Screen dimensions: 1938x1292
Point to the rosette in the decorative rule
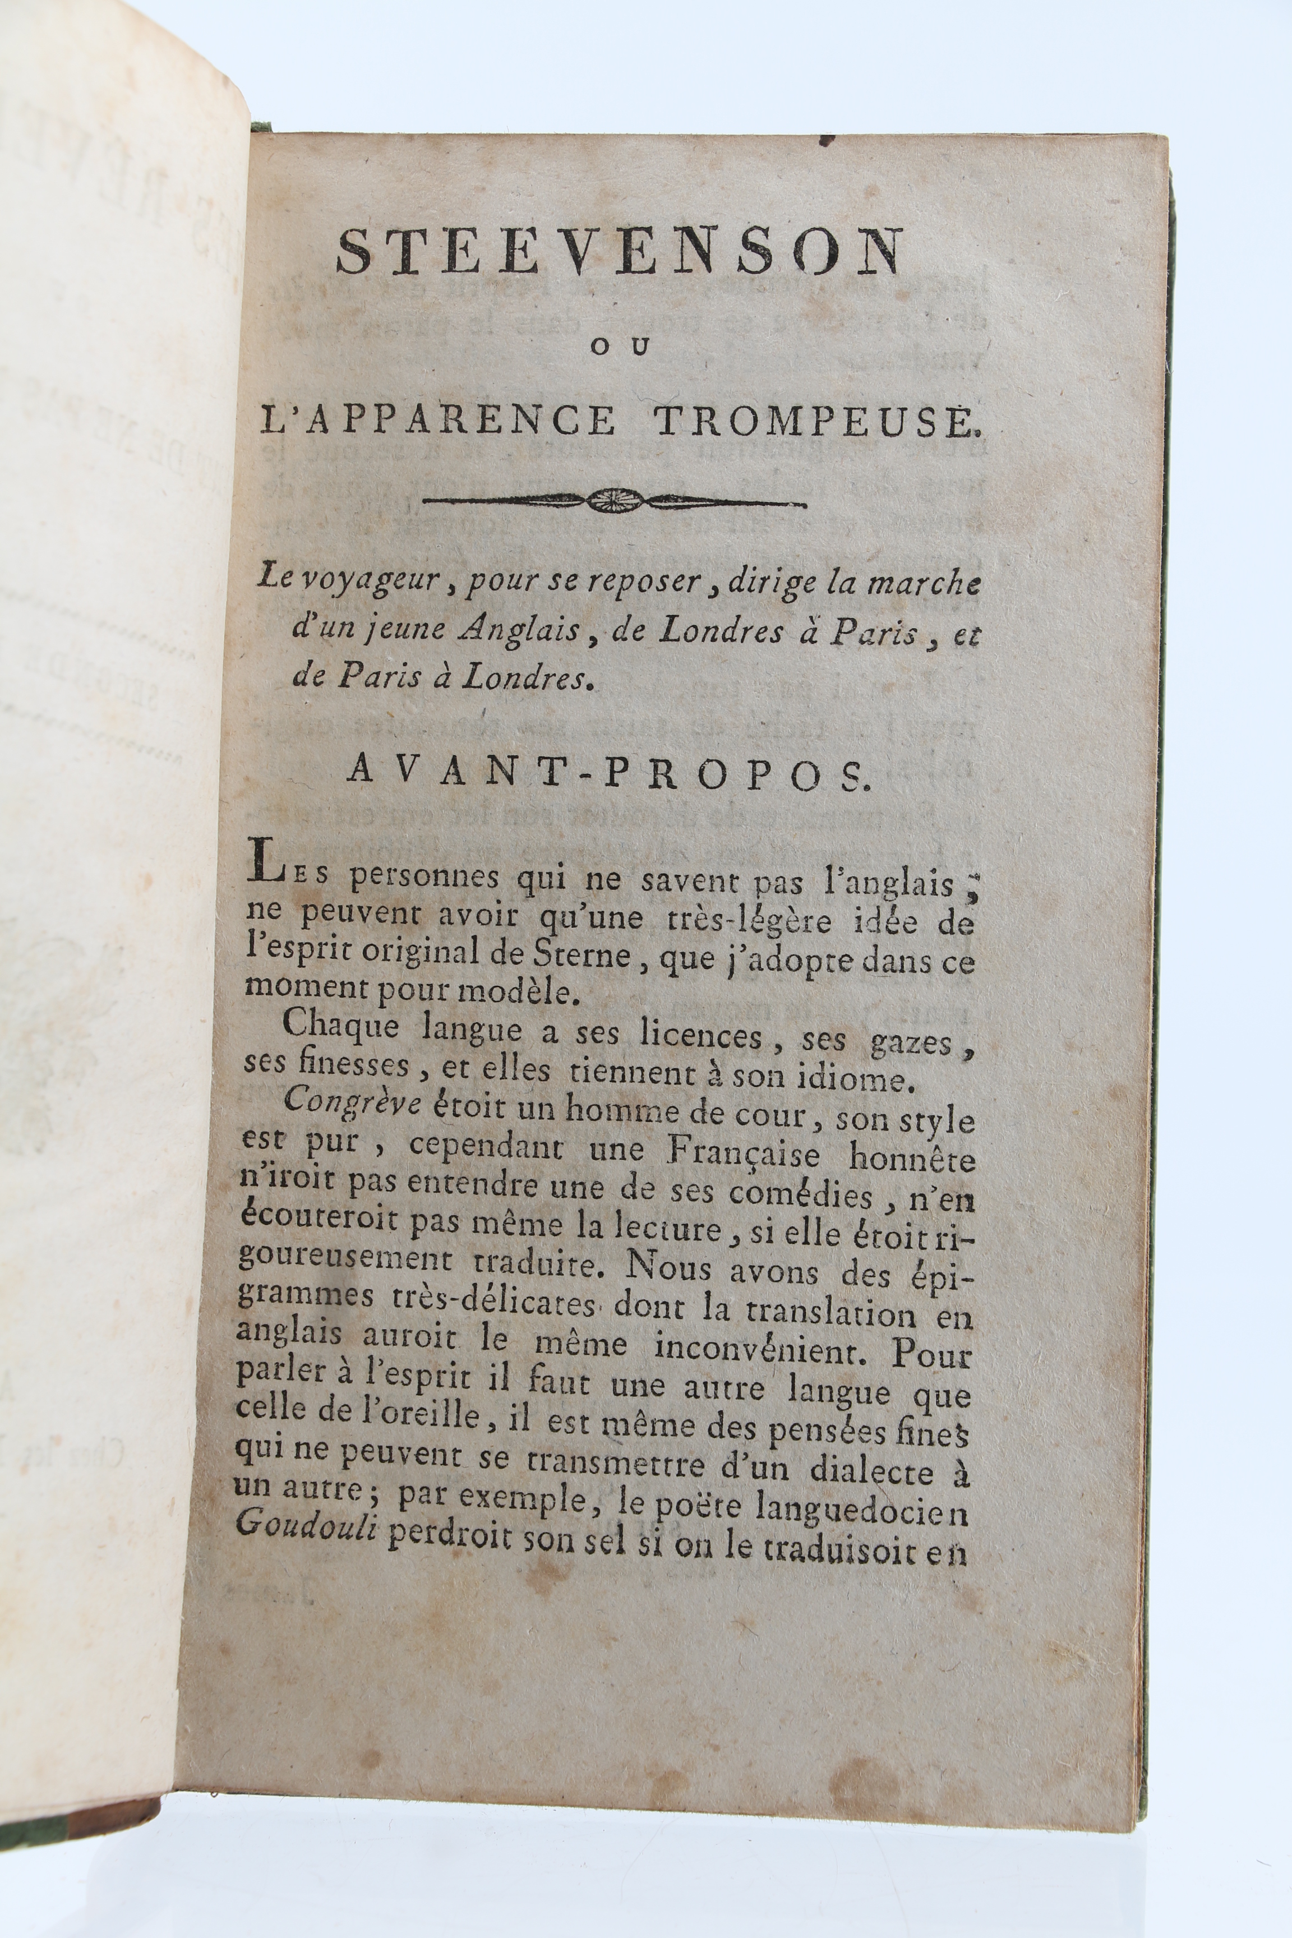tap(614, 499)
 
